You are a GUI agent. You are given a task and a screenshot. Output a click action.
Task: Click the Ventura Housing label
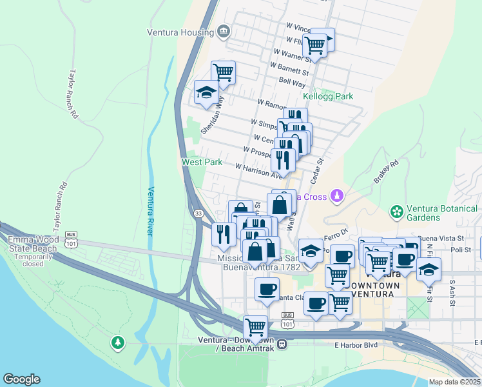click(180, 32)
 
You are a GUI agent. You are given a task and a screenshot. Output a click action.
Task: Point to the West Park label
click(202, 162)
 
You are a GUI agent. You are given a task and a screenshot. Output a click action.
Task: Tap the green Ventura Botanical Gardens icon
click(396, 212)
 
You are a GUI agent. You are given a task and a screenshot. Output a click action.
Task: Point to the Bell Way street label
click(292, 83)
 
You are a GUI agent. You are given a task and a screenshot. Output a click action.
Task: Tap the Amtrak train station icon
click(291, 343)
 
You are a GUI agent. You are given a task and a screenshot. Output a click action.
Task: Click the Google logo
click(22, 379)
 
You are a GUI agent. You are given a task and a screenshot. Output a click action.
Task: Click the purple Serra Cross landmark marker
click(336, 195)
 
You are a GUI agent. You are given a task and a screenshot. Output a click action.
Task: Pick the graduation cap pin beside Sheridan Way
click(206, 92)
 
